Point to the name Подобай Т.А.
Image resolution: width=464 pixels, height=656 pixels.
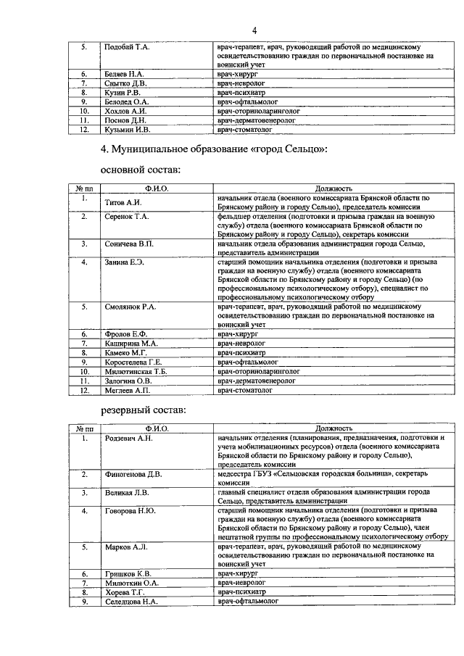[127, 47]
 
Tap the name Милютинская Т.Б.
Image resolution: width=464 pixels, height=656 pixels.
[136, 370]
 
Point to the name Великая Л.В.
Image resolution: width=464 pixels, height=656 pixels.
[127, 493]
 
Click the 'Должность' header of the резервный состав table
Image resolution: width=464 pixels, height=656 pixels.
[333, 428]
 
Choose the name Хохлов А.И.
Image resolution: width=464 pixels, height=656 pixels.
[125, 111]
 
